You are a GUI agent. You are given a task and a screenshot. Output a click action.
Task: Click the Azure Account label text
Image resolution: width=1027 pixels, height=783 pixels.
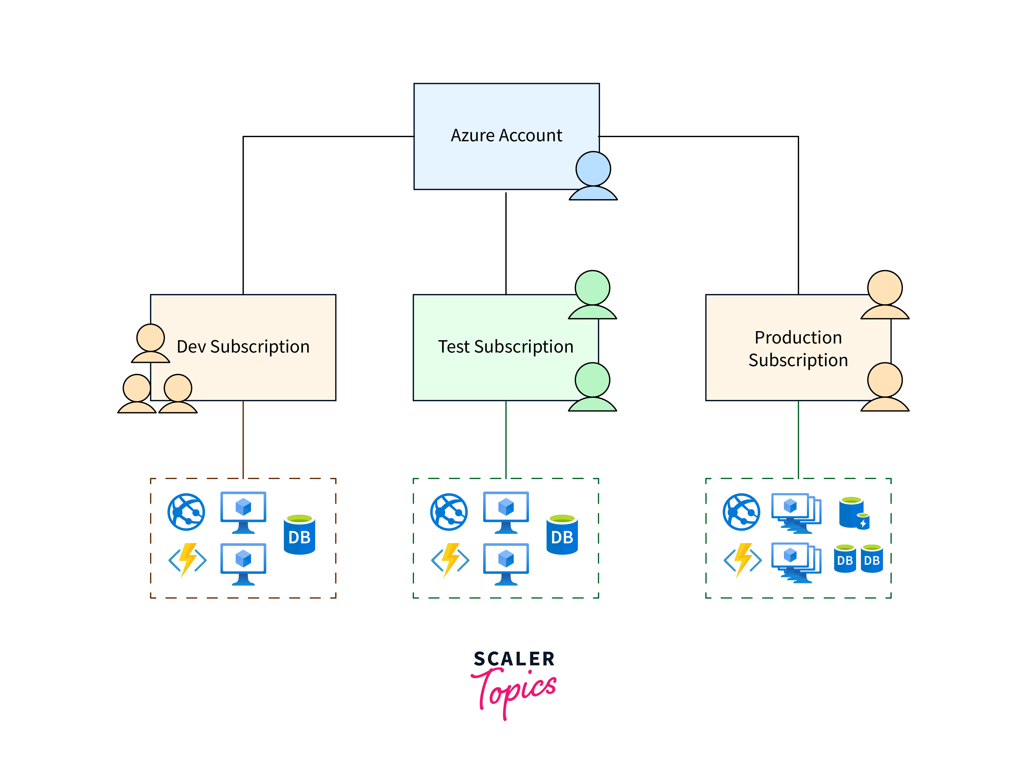pyautogui.click(x=506, y=136)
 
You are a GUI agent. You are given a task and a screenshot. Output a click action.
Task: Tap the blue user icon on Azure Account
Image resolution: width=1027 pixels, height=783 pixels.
pyautogui.click(x=593, y=176)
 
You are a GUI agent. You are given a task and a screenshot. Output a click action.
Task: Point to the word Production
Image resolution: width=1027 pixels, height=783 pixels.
pyautogui.click(x=798, y=337)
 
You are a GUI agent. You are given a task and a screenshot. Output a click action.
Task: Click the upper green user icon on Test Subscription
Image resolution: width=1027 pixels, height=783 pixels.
pyautogui.click(x=592, y=295)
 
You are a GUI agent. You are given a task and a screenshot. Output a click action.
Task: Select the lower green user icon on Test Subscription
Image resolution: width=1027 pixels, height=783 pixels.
pyautogui.click(x=592, y=387)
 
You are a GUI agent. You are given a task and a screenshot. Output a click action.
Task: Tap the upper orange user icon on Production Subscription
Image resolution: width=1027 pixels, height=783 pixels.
pyautogui.click(x=884, y=295)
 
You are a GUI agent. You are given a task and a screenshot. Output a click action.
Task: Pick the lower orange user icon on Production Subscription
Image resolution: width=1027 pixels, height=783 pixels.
pyautogui.click(x=884, y=387)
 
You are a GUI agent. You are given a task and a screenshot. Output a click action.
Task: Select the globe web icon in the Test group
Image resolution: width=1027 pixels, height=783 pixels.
pyautogui.click(x=449, y=512)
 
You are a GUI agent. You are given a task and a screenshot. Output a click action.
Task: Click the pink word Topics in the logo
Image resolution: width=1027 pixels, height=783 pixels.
pyautogui.click(x=513, y=690)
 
